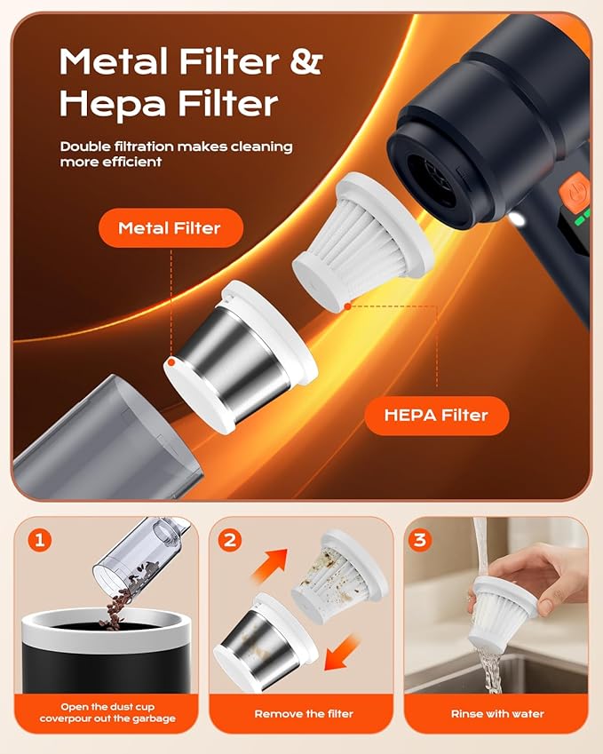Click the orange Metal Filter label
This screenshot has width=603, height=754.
point(168,228)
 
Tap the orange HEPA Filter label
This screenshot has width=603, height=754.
point(437,415)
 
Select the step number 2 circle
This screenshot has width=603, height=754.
point(229,538)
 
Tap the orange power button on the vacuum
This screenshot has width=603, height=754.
point(574,191)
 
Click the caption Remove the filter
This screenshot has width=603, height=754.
point(304,713)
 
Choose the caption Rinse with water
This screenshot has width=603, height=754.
point(498,713)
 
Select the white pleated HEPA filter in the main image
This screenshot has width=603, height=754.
point(360,231)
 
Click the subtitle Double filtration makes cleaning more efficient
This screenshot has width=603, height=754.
point(176,154)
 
